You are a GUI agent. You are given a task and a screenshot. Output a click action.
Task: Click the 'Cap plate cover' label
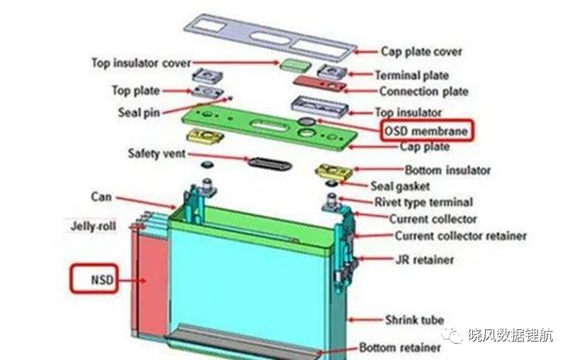click(421, 52)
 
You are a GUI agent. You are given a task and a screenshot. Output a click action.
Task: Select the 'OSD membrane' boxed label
click(427, 130)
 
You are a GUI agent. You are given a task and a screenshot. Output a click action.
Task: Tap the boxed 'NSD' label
click(94, 279)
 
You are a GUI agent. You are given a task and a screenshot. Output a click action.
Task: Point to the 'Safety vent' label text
click(157, 153)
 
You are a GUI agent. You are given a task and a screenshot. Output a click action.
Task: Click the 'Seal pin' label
click(139, 112)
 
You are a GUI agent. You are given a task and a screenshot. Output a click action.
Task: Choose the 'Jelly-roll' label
click(93, 226)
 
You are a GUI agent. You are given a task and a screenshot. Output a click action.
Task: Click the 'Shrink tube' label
click(415, 320)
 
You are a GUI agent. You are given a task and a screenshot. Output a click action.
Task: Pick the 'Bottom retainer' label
click(400, 347)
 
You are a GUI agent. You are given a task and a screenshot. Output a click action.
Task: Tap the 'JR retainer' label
click(425, 260)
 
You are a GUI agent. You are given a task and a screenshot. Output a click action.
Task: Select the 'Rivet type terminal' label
click(424, 202)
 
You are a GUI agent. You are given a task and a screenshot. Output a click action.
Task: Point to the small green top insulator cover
click(295, 65)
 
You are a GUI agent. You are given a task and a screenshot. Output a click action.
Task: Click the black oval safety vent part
click(270, 163)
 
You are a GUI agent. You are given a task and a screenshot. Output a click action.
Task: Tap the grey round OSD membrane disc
click(307, 121)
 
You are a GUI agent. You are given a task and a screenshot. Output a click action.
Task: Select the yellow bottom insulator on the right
click(334, 171)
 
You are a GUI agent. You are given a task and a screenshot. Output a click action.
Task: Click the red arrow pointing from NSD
click(133, 280)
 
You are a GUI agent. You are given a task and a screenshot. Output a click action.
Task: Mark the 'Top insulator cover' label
click(141, 63)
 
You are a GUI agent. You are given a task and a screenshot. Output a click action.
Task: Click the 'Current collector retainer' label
click(461, 236)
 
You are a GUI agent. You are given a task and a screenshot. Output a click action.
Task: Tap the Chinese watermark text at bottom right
click(511, 335)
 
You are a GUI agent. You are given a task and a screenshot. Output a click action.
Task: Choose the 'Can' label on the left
click(102, 197)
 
